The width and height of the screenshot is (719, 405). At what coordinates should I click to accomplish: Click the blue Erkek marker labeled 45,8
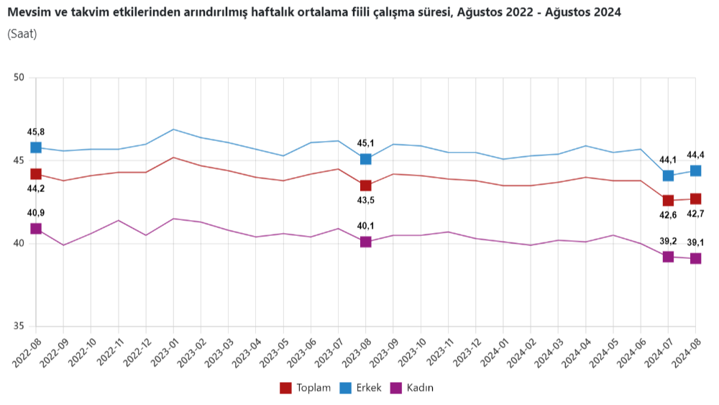pyautogui.click(x=36, y=147)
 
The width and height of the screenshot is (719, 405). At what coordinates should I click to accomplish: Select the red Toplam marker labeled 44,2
pyautogui.click(x=36, y=174)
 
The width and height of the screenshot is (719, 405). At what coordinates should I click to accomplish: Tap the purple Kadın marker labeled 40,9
pyautogui.click(x=36, y=229)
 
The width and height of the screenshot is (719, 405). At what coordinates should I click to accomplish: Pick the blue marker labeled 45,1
pyautogui.click(x=366, y=159)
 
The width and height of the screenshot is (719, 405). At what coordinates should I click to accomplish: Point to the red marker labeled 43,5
pyautogui.click(x=366, y=186)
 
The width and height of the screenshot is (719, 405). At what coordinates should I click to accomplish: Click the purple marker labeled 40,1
pyautogui.click(x=366, y=242)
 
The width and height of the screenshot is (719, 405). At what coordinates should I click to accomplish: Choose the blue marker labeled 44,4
pyautogui.click(x=696, y=170)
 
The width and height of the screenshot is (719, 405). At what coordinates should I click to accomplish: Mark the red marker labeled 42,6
pyautogui.click(x=669, y=200)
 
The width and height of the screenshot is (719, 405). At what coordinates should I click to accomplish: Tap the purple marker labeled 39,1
pyautogui.click(x=696, y=258)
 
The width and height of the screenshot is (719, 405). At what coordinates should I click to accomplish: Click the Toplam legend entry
pyautogui.click(x=306, y=388)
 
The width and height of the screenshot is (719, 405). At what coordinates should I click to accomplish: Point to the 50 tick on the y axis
pyautogui.click(x=19, y=78)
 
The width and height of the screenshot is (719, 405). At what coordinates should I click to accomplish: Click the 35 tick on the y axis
pyautogui.click(x=19, y=326)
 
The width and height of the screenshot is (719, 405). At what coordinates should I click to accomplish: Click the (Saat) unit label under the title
pyautogui.click(x=22, y=34)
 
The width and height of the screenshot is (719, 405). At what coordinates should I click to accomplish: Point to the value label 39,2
pyautogui.click(x=669, y=242)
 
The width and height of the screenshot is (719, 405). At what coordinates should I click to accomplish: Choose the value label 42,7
pyautogui.click(x=696, y=213)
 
